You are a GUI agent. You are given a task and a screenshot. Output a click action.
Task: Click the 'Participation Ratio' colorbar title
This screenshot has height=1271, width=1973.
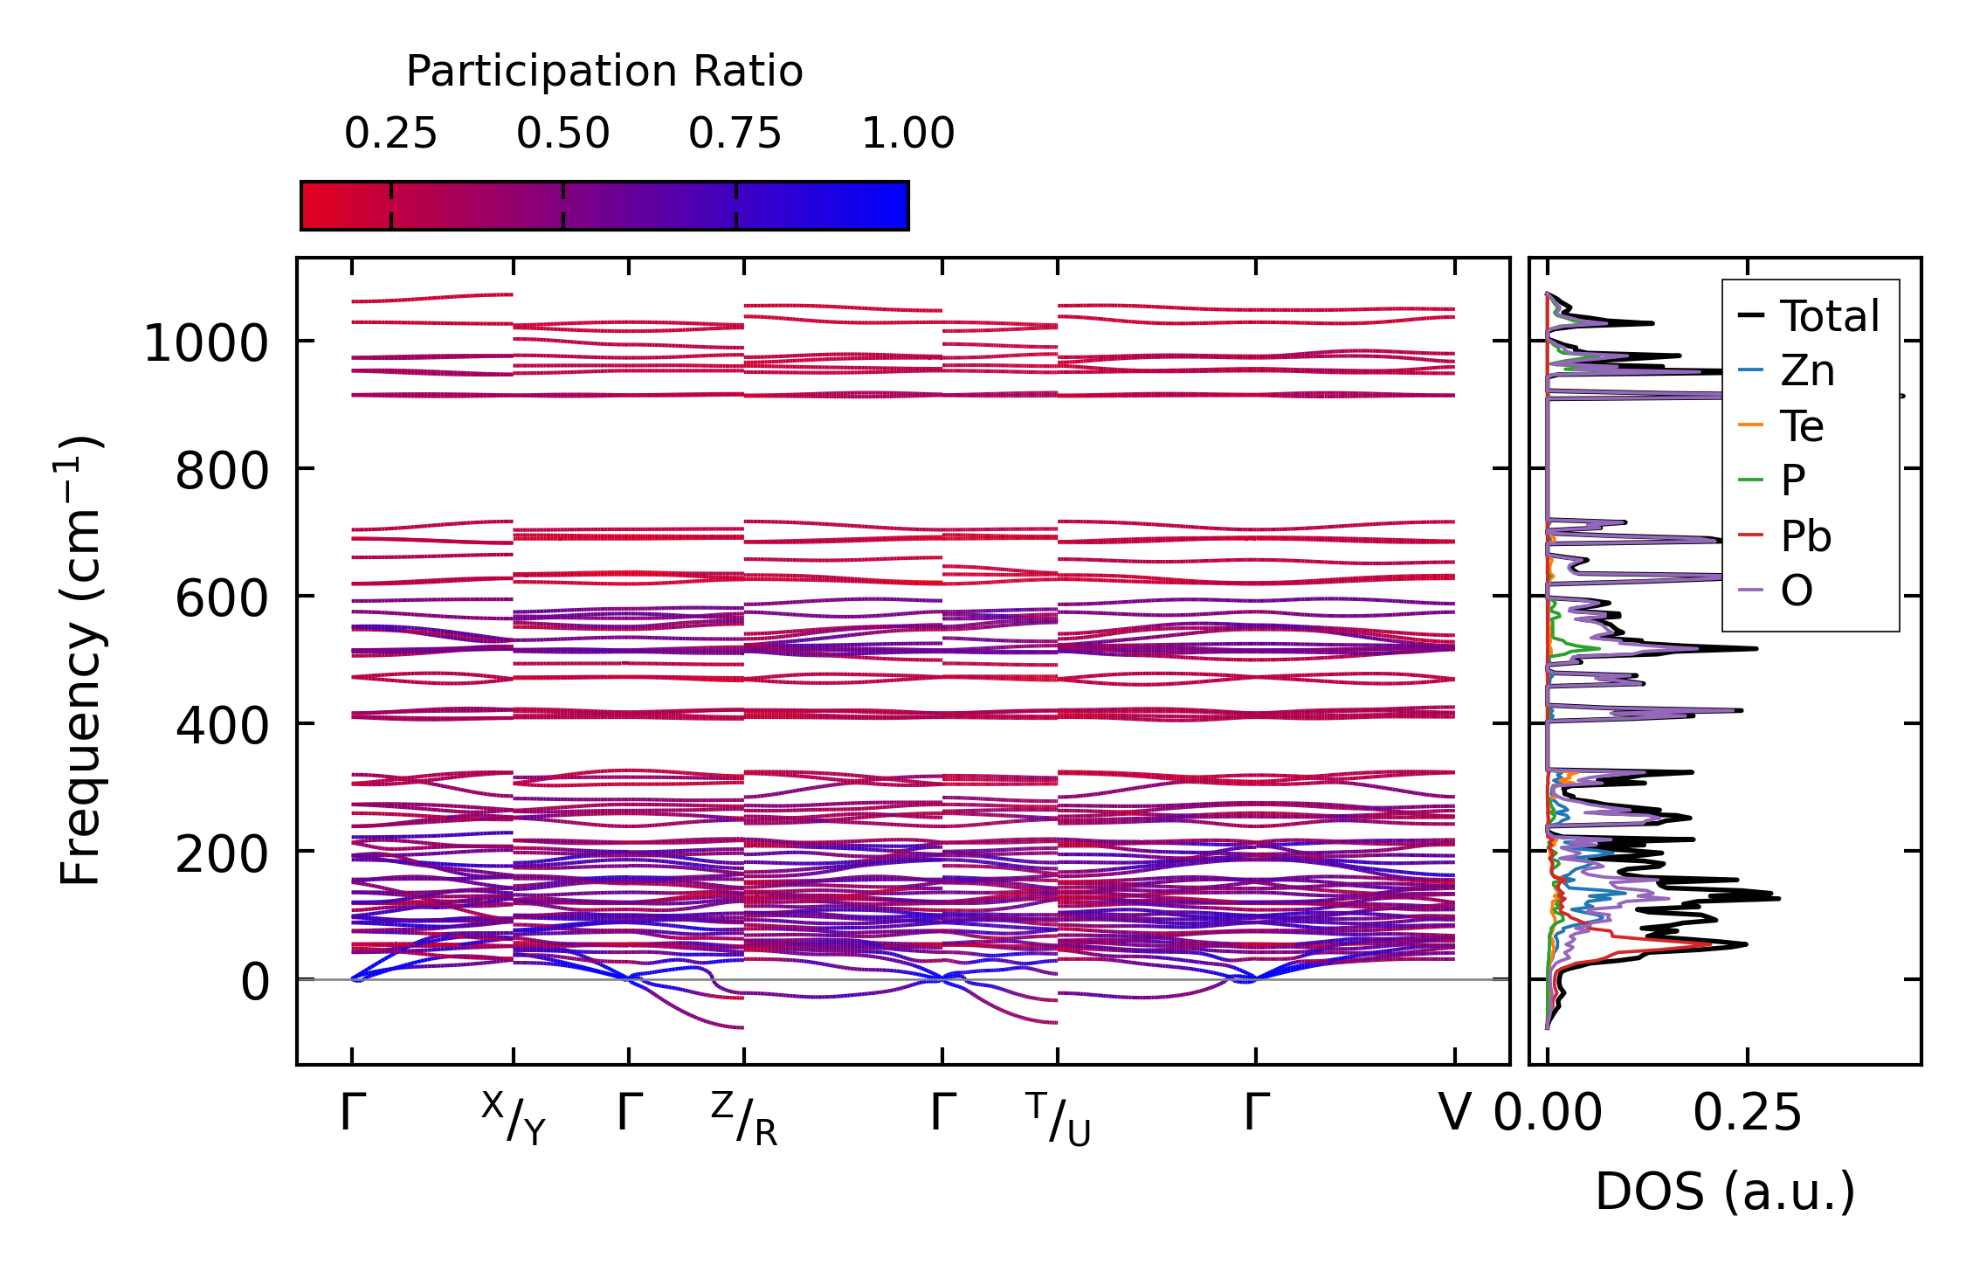604,72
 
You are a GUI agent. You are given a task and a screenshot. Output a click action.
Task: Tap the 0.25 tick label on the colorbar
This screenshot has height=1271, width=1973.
390,134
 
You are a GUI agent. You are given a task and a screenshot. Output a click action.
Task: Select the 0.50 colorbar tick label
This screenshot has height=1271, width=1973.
562,134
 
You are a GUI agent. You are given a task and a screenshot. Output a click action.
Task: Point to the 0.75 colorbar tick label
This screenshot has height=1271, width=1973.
735,134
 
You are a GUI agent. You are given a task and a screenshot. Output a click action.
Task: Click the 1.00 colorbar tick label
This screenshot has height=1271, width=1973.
907,134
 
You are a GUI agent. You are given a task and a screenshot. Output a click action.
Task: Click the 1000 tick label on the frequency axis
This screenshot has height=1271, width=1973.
206,342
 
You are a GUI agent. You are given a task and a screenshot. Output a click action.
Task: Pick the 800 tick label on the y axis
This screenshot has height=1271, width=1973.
222,472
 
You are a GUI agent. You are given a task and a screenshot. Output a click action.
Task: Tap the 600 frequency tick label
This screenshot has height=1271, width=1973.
222,599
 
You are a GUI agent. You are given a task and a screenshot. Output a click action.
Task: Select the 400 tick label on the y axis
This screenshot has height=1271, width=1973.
222,727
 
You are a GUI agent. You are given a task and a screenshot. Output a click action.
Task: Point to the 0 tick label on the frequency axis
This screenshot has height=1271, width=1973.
255,982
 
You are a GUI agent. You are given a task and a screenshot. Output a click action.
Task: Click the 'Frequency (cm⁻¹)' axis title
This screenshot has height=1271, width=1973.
80,660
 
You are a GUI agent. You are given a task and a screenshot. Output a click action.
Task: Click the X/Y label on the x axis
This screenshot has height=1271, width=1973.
514,1118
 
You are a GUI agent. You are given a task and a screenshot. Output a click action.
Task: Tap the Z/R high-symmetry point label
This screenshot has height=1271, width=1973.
744,1118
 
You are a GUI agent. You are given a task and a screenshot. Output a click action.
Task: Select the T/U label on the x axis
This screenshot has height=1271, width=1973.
1059,1118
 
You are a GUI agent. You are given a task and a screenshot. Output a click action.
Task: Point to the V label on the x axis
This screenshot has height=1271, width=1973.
1455,1113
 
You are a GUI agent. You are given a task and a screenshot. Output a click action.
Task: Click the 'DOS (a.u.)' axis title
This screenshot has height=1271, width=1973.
1725,1192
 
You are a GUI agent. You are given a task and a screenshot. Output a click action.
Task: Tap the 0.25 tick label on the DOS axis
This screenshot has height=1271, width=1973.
1747,1113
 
